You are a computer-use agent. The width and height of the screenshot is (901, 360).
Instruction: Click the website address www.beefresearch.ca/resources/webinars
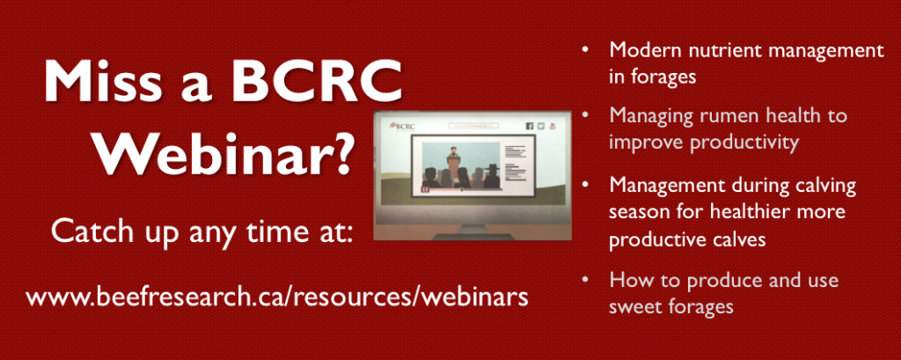pyautogui.click(x=277, y=298)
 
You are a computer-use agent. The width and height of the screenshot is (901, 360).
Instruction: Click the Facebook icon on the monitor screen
pyautogui.click(x=529, y=126)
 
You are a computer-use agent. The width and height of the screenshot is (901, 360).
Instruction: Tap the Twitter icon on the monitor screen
pyautogui.click(x=541, y=126)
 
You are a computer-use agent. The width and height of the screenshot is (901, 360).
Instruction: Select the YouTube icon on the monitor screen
pyautogui.click(x=553, y=126)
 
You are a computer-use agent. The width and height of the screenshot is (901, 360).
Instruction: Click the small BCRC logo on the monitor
pyautogui.click(x=402, y=127)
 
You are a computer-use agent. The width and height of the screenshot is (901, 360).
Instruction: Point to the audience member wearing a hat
pyautogui.click(x=492, y=176)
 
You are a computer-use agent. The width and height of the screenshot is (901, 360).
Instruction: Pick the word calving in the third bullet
pyautogui.click(x=822, y=187)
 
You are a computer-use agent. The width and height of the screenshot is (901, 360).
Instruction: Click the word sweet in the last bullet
pyautogui.click(x=636, y=306)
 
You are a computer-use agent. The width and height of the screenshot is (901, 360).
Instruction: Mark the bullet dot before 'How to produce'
pyautogui.click(x=585, y=281)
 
